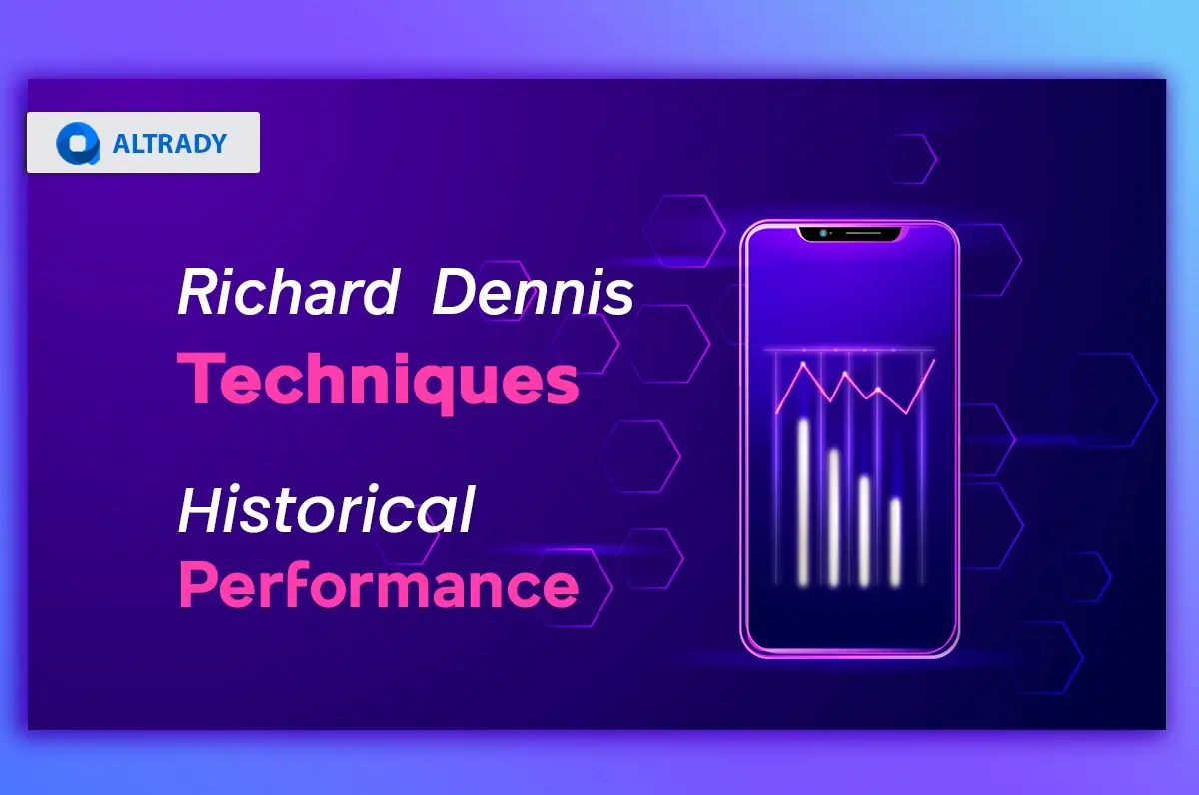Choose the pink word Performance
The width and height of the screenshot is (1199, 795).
pyautogui.click(x=379, y=586)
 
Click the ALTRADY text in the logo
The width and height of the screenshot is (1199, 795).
pyautogui.click(x=170, y=143)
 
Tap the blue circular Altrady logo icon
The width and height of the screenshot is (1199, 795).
pyautogui.click(x=77, y=143)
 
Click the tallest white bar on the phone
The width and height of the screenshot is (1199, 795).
pyautogui.click(x=803, y=501)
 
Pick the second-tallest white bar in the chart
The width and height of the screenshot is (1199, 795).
pyautogui.click(x=834, y=516)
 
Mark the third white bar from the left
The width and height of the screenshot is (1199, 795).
pyautogui.click(x=865, y=529)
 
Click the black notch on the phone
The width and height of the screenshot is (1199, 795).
pyautogui.click(x=849, y=234)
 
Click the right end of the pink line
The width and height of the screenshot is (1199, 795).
pyautogui.click(x=934, y=360)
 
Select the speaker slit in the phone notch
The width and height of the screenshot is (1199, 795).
pyautogui.click(x=859, y=233)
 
